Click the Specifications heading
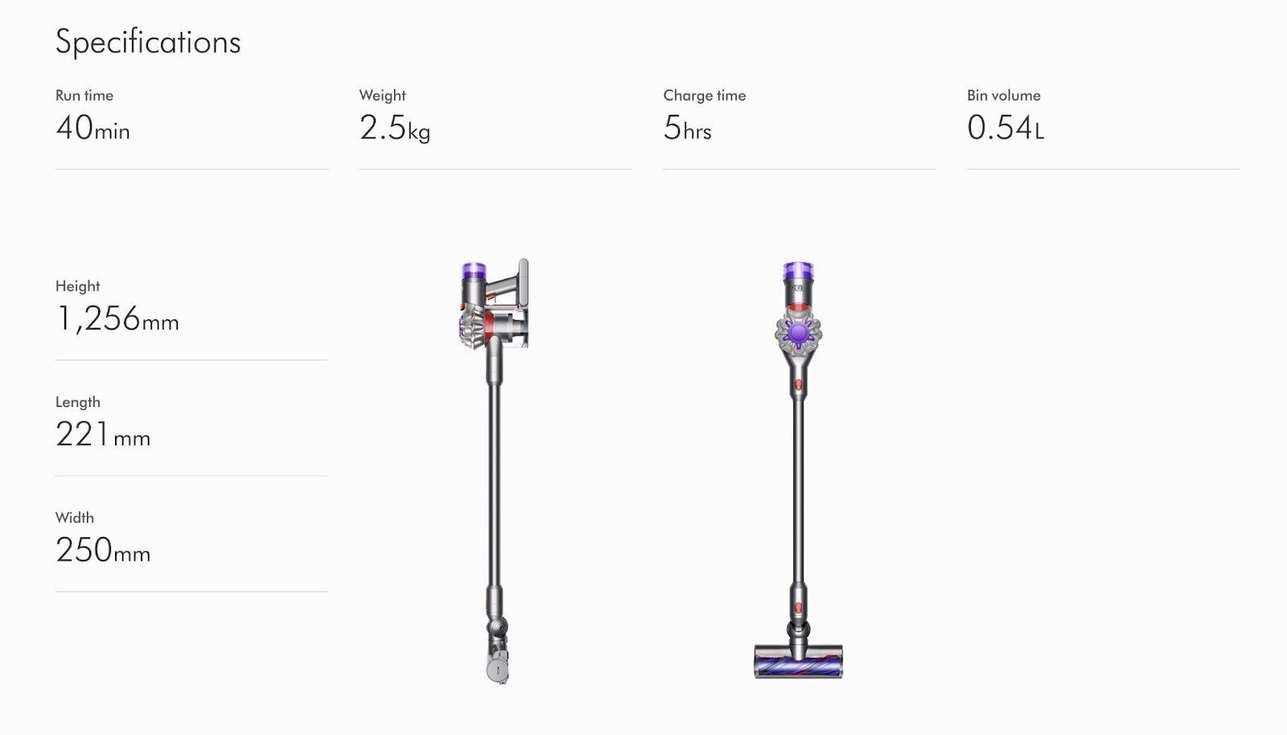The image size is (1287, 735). (148, 42)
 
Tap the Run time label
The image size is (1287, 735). (84, 96)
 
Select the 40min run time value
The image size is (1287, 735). (93, 128)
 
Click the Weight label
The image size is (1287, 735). (382, 96)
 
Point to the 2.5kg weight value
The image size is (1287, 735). (394, 128)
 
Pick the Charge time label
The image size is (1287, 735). (704, 96)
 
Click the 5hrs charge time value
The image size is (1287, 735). (687, 128)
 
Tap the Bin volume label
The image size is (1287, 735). (1003, 96)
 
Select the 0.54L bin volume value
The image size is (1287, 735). (1005, 128)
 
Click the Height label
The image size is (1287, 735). (77, 286)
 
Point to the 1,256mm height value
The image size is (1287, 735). (117, 319)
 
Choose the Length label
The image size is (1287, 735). (77, 402)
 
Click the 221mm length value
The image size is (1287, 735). (102, 435)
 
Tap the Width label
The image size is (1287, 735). (74, 518)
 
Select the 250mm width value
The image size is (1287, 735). (102, 551)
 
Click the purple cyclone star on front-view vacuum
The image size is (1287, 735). (797, 332)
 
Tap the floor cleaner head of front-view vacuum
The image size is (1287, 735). (798, 661)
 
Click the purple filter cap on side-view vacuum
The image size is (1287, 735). (474, 270)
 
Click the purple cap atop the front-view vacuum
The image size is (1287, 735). (798, 270)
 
